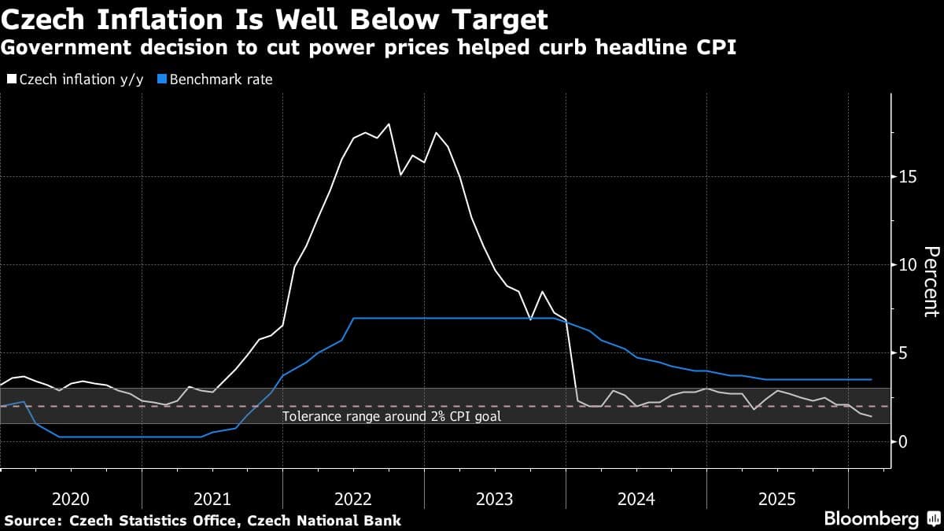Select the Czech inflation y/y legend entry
tap(75, 79)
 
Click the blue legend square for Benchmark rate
tap(163, 79)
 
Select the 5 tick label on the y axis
tap(904, 353)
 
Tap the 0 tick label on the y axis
tap(904, 441)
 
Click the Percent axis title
tap(931, 281)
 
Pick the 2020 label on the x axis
tap(71, 499)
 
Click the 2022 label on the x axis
tap(353, 499)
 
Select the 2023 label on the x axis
tap(494, 499)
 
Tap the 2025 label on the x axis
tap(776, 499)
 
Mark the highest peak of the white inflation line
tap(389, 124)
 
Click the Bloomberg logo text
tap(871, 519)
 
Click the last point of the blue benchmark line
tap(872, 379)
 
